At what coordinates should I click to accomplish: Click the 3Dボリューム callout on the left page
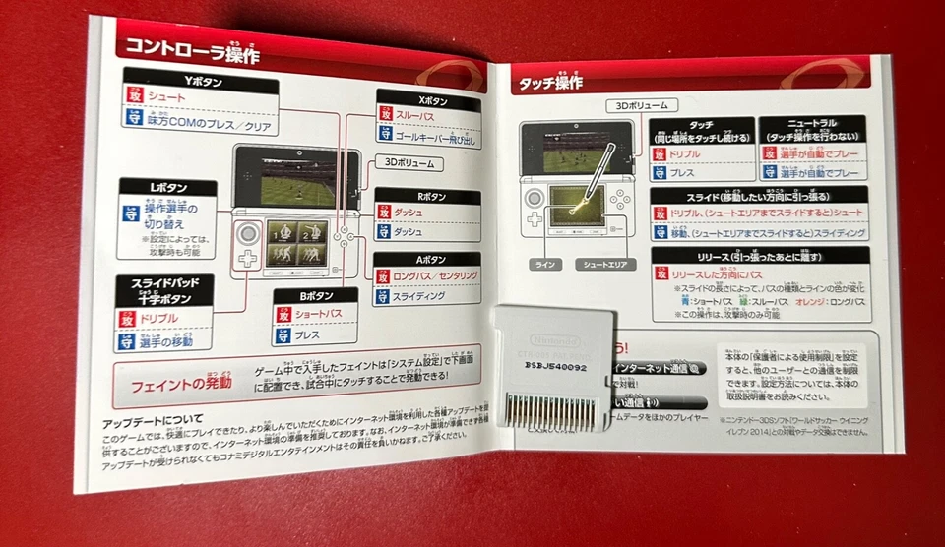(409, 164)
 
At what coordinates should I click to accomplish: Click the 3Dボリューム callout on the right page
(641, 106)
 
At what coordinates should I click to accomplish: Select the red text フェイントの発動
(181, 384)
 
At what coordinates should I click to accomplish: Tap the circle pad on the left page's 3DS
(249, 234)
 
